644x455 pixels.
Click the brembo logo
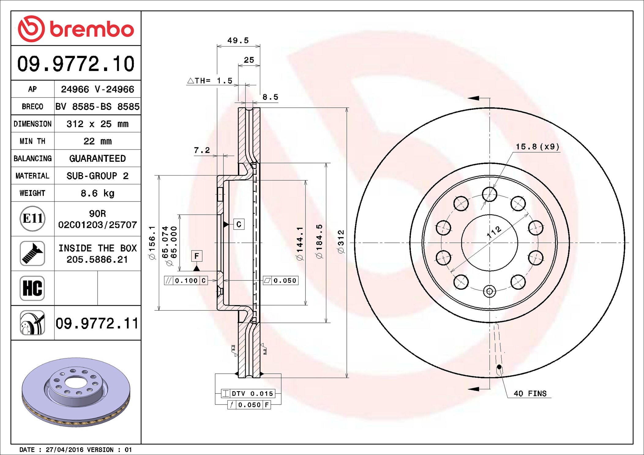tap(76, 29)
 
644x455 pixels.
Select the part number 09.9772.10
tap(76, 64)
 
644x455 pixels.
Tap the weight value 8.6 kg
tap(97, 193)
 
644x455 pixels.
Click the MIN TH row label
tap(32, 141)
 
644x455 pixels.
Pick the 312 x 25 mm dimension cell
tap(97, 124)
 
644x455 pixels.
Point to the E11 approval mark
tap(32, 219)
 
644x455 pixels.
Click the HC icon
tap(32, 288)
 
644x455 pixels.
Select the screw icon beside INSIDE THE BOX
tap(32, 253)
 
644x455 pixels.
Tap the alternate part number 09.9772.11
tap(97, 323)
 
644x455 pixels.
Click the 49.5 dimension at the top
tap(238, 40)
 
